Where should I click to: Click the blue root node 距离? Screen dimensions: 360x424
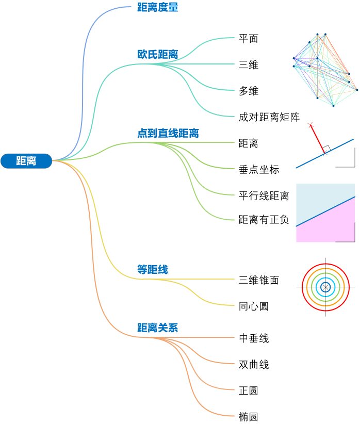click(26, 161)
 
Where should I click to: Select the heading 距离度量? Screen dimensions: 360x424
click(157, 8)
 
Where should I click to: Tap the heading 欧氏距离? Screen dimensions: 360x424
click(157, 55)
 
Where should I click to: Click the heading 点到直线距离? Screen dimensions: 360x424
click(168, 134)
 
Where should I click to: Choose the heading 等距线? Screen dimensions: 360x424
click(152, 270)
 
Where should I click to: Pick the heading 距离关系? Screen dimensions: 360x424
click(157, 328)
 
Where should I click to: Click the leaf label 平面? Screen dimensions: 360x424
click(248, 39)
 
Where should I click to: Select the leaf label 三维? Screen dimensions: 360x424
click(248, 65)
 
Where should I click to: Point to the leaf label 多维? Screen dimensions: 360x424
click(248, 91)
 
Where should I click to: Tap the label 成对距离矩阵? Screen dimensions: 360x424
click(269, 118)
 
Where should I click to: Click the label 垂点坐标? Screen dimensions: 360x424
click(258, 170)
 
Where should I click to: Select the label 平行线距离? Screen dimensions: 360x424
click(264, 196)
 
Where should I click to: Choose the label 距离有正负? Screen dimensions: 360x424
click(264, 220)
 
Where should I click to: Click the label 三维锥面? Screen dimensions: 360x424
click(258, 280)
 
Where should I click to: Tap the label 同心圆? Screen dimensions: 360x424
click(253, 306)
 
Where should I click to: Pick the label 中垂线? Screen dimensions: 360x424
click(253, 338)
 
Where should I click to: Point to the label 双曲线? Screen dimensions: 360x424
click(253, 365)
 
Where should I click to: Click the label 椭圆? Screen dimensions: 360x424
click(248, 417)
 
